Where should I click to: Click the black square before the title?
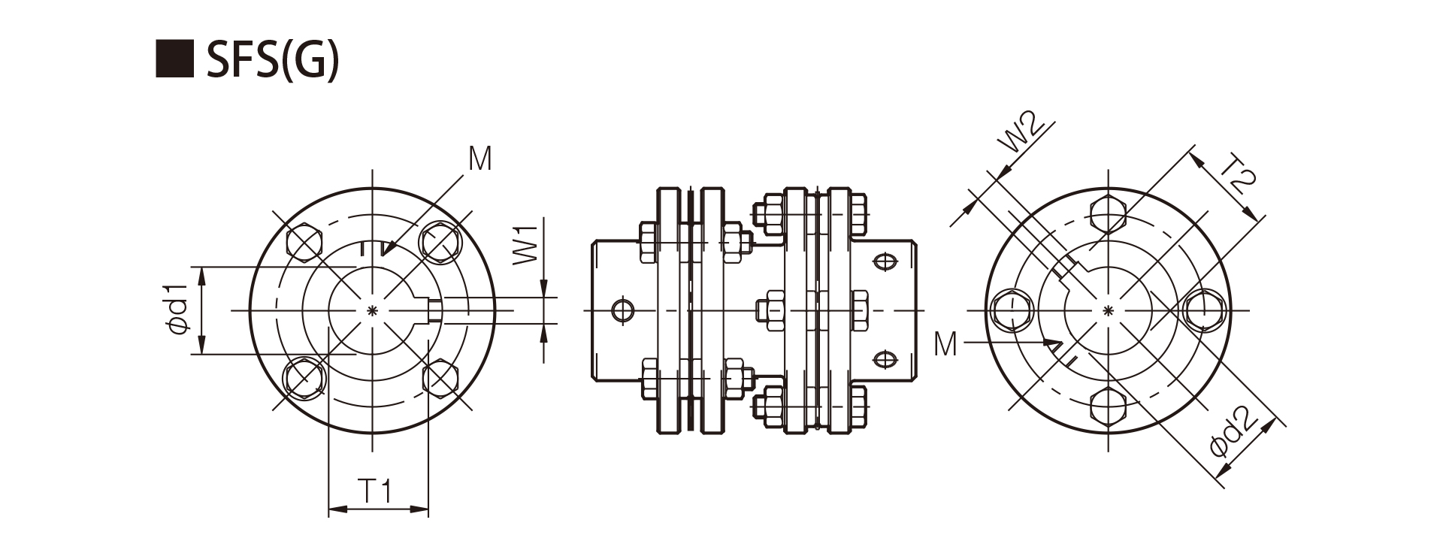click(x=174, y=59)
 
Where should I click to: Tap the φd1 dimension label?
click(x=177, y=310)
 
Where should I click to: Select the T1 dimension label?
click(x=374, y=491)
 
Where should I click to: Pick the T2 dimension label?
click(x=1235, y=174)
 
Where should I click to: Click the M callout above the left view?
click(x=479, y=159)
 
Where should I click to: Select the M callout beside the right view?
click(x=945, y=344)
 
